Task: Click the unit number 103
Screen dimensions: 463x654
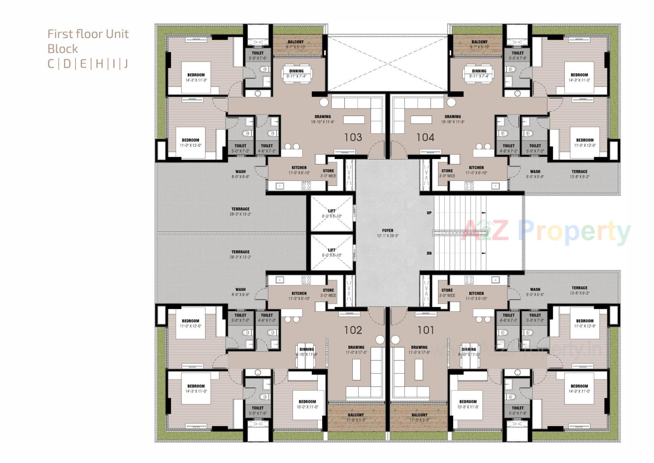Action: click(353, 137)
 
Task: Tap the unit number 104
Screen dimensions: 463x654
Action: click(425, 137)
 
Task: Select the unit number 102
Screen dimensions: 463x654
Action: click(353, 330)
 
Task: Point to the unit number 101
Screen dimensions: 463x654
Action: click(425, 330)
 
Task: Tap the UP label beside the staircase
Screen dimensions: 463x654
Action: click(429, 213)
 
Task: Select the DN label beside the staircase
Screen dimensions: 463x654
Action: click(429, 253)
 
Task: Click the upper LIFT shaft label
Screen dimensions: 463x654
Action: click(332, 211)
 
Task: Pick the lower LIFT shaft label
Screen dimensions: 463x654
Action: click(332, 250)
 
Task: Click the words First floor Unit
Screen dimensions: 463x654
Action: click(88, 34)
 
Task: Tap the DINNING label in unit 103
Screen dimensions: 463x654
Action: click(296, 71)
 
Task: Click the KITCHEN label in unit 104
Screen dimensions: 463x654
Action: click(476, 168)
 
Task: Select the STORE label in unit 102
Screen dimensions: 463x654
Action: click(328, 290)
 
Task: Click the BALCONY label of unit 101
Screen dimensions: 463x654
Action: click(419, 415)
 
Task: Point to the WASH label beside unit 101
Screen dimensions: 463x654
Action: click(535, 289)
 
